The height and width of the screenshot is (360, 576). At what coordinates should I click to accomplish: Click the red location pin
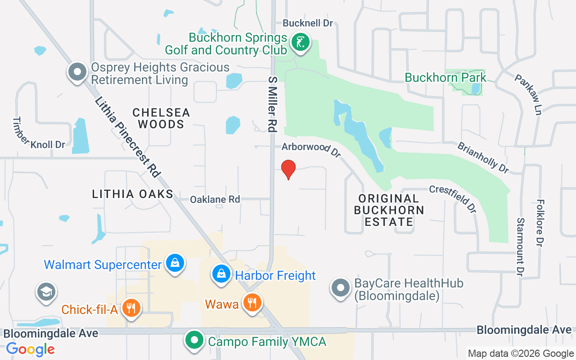pyautogui.click(x=288, y=169)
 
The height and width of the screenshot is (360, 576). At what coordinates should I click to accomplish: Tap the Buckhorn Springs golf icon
pyautogui.click(x=300, y=43)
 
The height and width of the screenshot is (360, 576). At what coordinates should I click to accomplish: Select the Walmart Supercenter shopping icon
pyautogui.click(x=175, y=263)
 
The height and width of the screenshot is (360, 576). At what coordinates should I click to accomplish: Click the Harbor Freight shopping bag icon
pyautogui.click(x=221, y=274)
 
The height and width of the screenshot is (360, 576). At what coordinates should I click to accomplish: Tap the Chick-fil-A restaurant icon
pyautogui.click(x=131, y=308)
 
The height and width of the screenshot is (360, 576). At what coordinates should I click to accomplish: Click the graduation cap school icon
pyautogui.click(x=46, y=292)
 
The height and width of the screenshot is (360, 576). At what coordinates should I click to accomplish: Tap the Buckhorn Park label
pyautogui.click(x=445, y=77)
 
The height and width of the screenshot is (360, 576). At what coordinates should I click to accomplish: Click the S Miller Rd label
pyautogui.click(x=272, y=104)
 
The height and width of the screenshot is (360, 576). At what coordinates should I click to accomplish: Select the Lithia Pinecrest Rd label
pyautogui.click(x=128, y=137)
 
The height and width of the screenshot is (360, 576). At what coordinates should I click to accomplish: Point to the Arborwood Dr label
pyautogui.click(x=311, y=149)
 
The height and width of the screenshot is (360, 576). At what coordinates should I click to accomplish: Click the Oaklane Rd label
pyautogui.click(x=215, y=199)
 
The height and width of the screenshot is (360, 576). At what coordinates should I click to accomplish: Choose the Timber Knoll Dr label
pyautogui.click(x=39, y=133)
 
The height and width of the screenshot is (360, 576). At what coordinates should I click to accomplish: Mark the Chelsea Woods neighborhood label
pyautogui.click(x=161, y=118)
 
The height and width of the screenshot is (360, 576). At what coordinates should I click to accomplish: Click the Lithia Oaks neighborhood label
pyautogui.click(x=133, y=194)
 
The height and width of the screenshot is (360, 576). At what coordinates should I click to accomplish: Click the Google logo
pyautogui.click(x=30, y=349)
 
